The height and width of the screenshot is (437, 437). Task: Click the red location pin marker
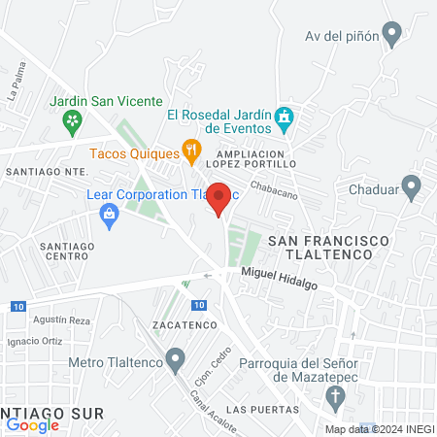pos(219,198)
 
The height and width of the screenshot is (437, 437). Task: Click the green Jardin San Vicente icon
pos(71,120)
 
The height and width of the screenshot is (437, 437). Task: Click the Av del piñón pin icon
pos(392,36)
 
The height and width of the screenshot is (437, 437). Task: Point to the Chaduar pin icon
pos(411,185)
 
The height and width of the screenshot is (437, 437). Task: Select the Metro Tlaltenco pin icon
pos(175,362)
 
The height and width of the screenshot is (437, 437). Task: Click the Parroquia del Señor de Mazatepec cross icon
pos(335,396)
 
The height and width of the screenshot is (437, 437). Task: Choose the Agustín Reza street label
pos(61,319)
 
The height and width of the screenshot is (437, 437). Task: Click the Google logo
pos(32,424)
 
